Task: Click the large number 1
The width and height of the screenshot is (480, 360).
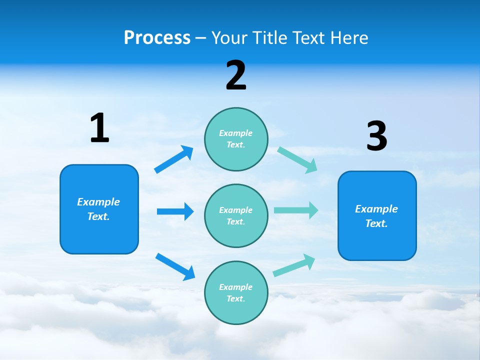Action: (99, 128)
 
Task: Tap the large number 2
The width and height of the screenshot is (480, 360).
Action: (236, 75)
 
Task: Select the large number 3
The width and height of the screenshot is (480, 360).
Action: (377, 136)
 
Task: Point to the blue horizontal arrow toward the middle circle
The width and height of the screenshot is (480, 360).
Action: (175, 211)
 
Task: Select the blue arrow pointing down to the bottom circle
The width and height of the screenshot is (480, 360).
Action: (175, 266)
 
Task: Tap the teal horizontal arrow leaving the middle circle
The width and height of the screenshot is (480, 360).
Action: (296, 210)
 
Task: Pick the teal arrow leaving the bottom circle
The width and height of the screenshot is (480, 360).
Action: (294, 265)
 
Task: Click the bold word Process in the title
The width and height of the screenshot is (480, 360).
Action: (157, 37)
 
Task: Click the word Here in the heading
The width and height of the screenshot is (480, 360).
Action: (348, 37)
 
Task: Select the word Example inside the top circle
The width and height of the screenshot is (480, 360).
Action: (236, 133)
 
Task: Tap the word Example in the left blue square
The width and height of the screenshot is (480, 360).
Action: (98, 202)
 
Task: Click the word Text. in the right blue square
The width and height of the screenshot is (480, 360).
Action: (376, 223)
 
